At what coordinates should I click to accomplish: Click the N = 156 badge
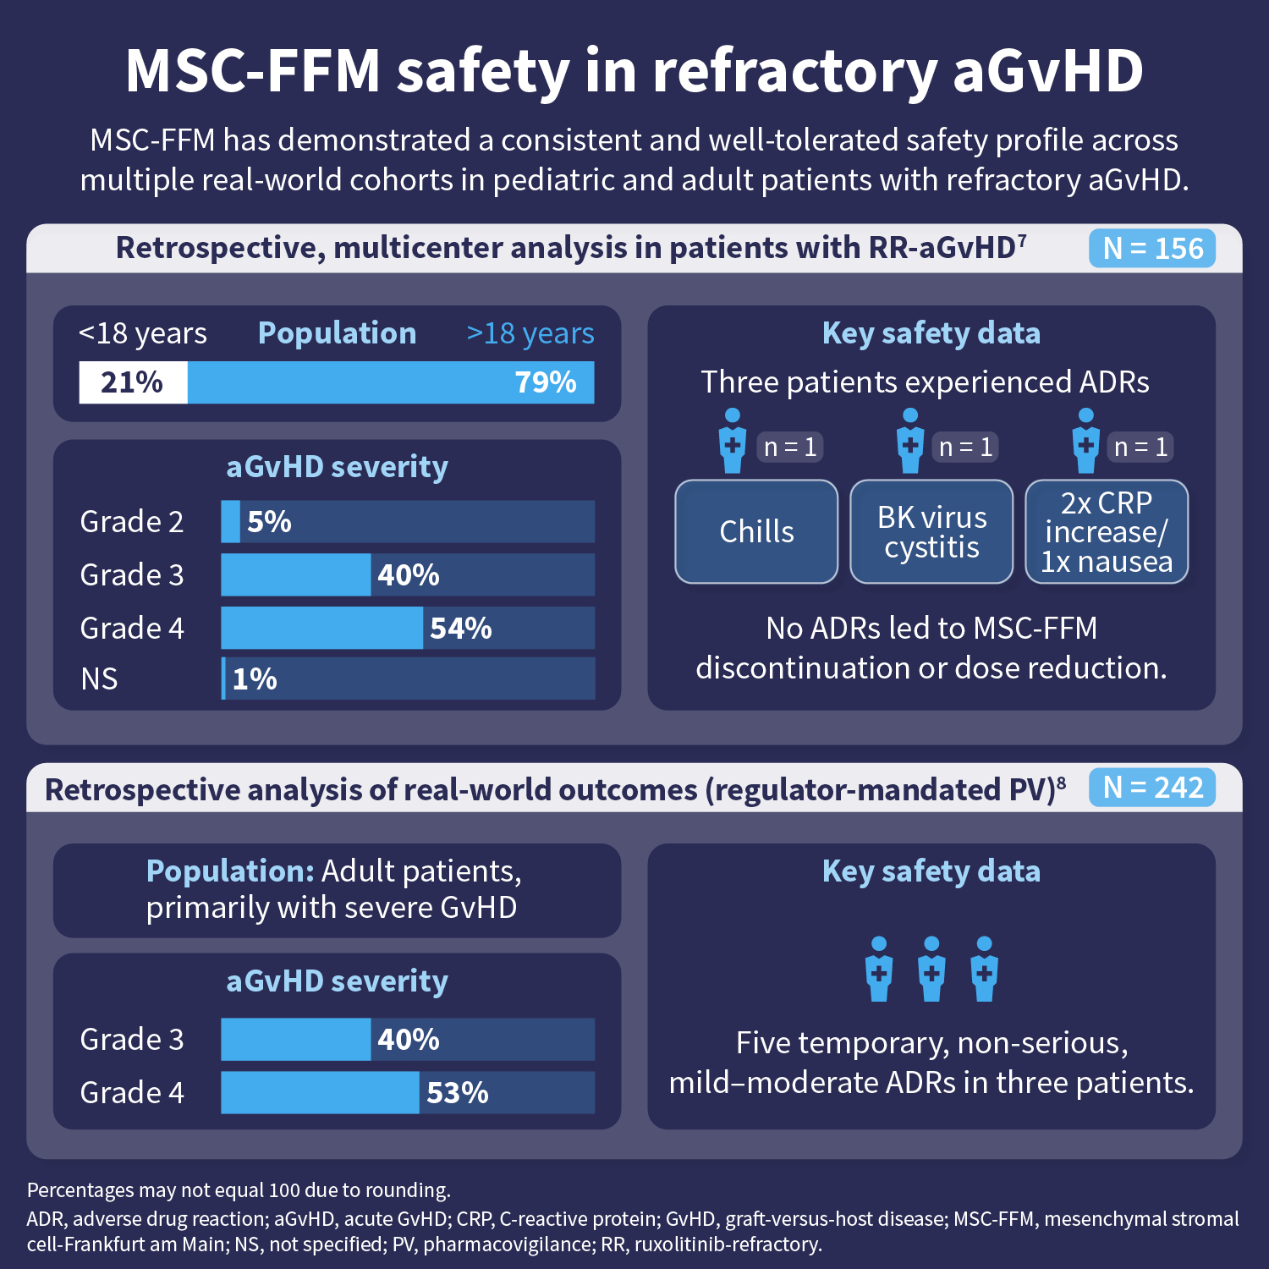[1152, 249]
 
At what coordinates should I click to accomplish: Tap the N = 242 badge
[1152, 788]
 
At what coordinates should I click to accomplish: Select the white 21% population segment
[133, 382]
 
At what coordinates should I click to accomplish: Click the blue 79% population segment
[391, 382]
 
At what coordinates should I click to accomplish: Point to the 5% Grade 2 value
[269, 522]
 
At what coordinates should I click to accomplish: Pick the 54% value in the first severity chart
[461, 629]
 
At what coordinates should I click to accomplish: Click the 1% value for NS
[255, 679]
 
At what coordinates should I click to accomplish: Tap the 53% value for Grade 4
[458, 1093]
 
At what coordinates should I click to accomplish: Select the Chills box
[756, 532]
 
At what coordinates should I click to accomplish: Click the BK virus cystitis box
[931, 532]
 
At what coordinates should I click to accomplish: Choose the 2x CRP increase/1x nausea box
[1107, 532]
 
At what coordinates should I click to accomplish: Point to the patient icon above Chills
[733, 441]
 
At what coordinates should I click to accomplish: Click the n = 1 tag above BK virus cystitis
[965, 447]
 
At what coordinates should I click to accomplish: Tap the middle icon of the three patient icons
[931, 970]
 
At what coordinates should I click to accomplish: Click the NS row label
[99, 679]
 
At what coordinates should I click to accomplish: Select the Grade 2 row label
[132, 522]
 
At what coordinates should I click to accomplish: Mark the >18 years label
[530, 333]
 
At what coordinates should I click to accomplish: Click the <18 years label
[143, 333]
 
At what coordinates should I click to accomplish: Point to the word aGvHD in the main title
[1048, 71]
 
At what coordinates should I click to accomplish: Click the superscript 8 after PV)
[1061, 782]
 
